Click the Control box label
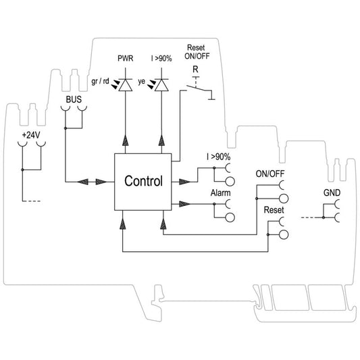tap(143, 181)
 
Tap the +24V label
tap(31, 135)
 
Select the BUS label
tap(74, 99)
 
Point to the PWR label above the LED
tap(126, 58)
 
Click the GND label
tap(332, 192)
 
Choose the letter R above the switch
tap(195, 69)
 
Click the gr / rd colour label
tap(100, 82)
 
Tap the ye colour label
tap(142, 82)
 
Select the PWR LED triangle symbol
tap(126, 85)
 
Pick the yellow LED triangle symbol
tap(161, 85)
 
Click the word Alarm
tap(221, 193)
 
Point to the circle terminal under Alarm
tap(230, 217)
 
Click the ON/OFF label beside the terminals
tap(270, 174)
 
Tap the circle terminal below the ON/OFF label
tap(284, 199)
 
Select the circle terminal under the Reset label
tap(284, 234)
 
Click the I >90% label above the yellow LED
tap(161, 59)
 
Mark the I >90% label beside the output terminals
tap(218, 157)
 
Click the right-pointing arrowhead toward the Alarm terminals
tap(184, 204)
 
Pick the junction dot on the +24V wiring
tap(22, 170)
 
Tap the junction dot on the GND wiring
tap(324, 217)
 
